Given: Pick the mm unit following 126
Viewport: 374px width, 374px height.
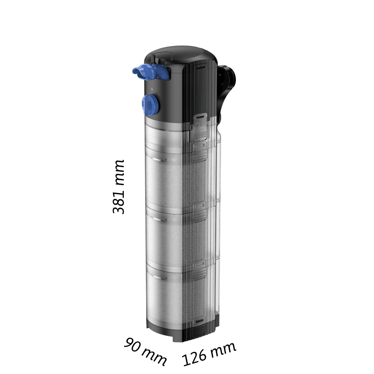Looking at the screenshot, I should [x=223, y=350].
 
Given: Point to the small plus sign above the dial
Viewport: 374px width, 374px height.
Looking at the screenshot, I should [x=152, y=89].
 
